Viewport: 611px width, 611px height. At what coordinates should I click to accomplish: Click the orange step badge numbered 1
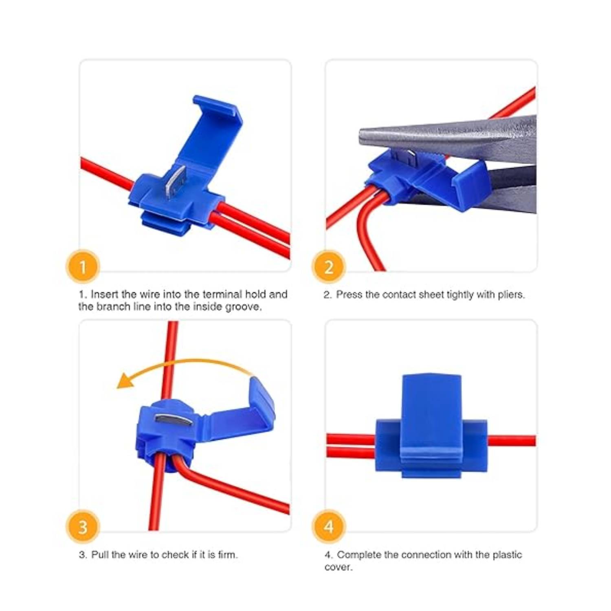click(83, 267)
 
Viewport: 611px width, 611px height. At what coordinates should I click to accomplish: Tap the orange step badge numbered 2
click(329, 267)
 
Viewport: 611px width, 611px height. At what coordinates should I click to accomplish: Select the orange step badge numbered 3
click(83, 527)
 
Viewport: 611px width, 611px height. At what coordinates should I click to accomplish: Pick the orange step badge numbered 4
click(329, 527)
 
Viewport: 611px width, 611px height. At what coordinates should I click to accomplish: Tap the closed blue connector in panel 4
click(431, 426)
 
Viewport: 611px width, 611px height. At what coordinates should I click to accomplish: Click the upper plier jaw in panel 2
click(448, 136)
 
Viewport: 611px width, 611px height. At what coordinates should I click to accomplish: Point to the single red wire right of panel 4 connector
click(512, 441)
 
